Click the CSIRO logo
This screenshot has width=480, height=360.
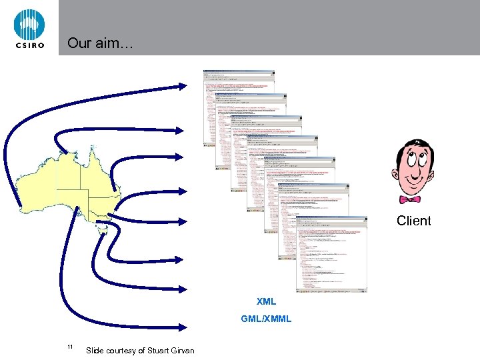(29, 28)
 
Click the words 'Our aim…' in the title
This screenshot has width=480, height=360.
(100, 44)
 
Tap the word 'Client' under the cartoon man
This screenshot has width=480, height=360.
(413, 221)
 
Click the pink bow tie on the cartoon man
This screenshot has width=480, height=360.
(409, 199)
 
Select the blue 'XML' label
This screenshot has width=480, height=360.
(266, 301)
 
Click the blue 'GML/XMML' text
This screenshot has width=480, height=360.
(266, 319)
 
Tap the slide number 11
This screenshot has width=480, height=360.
(70, 347)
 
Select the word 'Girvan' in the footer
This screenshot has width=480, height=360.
(182, 351)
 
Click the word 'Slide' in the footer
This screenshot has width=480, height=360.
(95, 351)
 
